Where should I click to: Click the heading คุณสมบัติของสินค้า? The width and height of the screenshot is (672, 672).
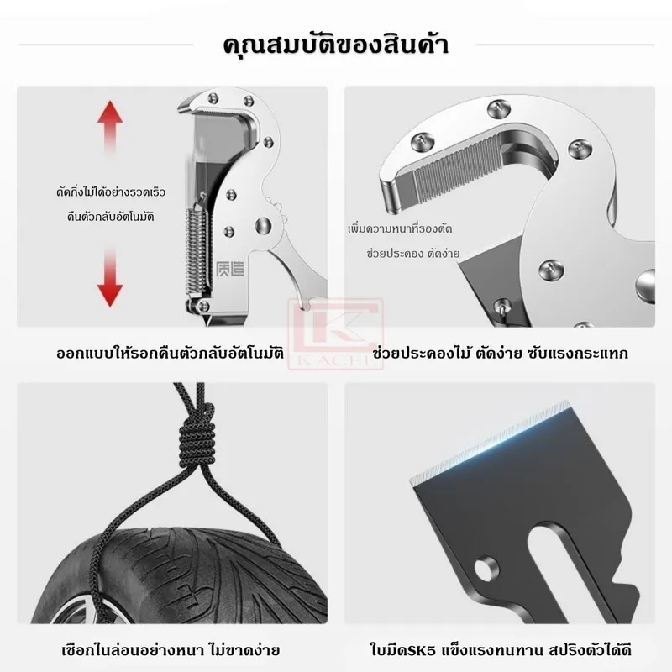336,45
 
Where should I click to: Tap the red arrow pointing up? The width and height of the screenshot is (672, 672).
110,128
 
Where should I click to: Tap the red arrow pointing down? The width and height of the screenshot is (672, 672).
110,276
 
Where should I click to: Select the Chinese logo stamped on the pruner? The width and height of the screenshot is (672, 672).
230,269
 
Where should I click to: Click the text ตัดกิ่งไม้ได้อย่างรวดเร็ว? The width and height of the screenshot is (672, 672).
111,192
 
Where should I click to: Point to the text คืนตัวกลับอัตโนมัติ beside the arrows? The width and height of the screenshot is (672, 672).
111,217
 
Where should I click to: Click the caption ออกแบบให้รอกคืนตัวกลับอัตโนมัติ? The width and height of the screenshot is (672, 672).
171,354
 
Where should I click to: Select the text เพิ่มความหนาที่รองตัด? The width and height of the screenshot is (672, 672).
400,228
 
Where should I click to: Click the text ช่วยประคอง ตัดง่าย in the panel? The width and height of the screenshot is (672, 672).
412,254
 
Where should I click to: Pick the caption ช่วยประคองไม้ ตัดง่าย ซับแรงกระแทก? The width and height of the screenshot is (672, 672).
500,354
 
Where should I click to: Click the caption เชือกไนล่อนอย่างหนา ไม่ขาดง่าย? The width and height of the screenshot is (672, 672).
171,650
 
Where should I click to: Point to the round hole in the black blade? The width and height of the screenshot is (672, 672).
487,569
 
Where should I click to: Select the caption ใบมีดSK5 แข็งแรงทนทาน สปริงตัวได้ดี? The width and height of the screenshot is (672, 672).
501,650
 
